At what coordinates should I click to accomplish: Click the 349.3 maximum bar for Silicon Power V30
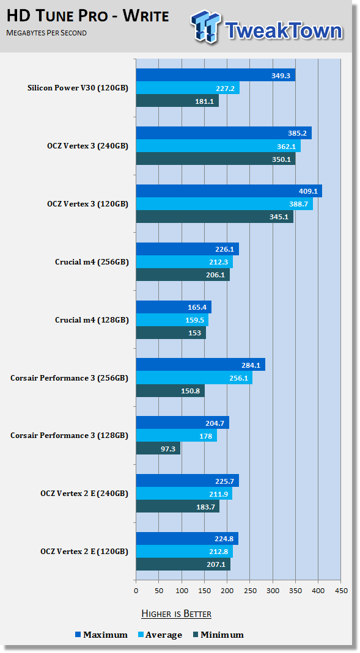coord(216,75)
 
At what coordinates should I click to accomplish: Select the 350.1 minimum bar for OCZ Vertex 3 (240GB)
coord(216,159)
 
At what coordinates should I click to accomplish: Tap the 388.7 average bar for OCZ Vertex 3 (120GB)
coord(224,203)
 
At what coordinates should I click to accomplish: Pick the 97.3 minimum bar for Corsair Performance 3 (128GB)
coord(158,448)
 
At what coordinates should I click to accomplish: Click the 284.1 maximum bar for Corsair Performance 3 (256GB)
coord(201,365)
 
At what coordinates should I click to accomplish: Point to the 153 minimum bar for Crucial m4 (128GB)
coord(171,332)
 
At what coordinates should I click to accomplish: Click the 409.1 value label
coord(308,192)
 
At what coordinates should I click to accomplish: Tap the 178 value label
coord(206,436)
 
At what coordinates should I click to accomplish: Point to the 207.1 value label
coord(215,564)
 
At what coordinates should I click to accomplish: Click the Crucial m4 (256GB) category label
coord(92,262)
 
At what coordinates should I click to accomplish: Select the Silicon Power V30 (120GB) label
coord(78,88)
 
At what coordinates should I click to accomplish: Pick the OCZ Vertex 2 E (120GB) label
coord(84,552)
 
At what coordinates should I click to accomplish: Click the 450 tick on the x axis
coord(340,591)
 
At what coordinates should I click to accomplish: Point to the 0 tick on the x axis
coord(136,591)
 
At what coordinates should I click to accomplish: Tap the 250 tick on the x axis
coord(249,591)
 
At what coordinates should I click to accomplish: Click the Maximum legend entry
coord(101,635)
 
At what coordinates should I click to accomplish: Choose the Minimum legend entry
coord(218,635)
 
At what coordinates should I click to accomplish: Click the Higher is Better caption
coord(176,614)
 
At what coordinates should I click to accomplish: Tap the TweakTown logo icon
coord(205,26)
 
